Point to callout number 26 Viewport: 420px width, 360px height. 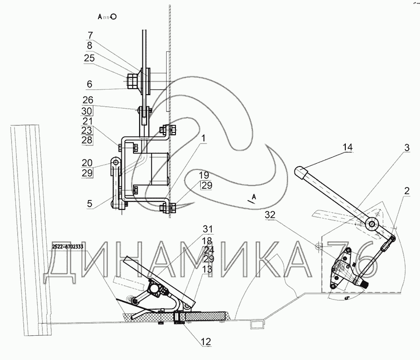pos(88,100)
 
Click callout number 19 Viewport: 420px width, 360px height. pos(204,175)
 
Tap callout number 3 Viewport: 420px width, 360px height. pos(406,147)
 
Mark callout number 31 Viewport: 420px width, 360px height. pos(208,229)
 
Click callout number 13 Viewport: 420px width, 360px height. pos(208,269)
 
